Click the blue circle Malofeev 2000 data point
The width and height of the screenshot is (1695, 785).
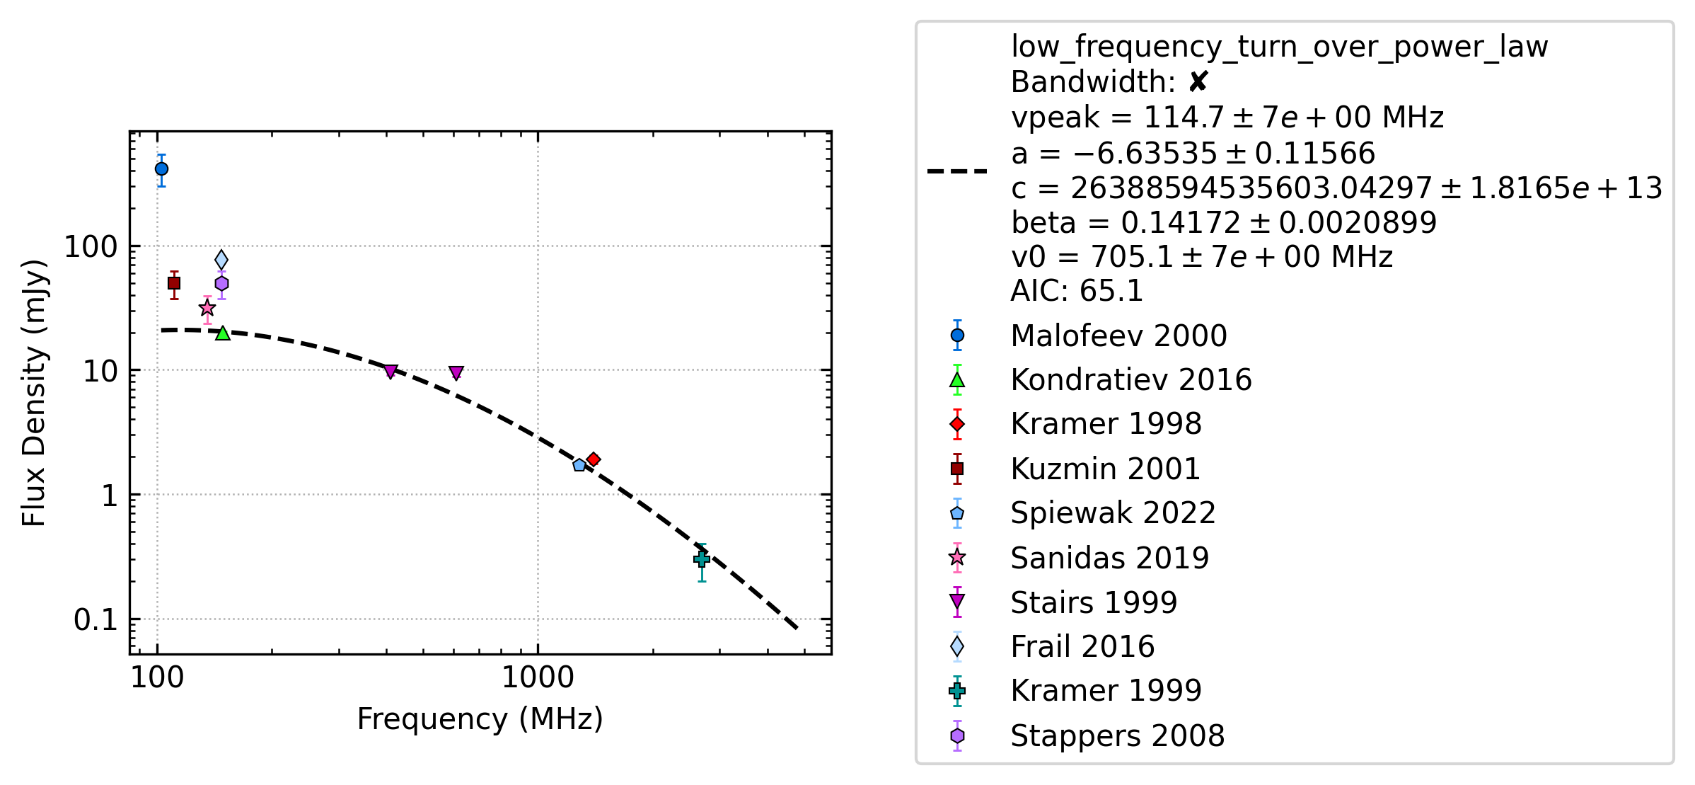[x=161, y=168]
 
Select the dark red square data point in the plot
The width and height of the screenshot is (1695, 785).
[x=174, y=283]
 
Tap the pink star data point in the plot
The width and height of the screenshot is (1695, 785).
[x=207, y=308]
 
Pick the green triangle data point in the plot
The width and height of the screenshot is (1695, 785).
[x=223, y=333]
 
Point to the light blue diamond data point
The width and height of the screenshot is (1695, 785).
[x=221, y=260]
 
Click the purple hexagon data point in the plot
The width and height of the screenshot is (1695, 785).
[x=221, y=284]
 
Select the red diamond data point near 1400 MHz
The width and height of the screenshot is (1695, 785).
[x=594, y=459]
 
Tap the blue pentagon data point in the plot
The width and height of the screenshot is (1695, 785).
[x=579, y=465]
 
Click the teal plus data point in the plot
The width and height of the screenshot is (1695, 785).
[x=702, y=559]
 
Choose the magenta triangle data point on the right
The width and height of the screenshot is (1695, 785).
[x=456, y=372]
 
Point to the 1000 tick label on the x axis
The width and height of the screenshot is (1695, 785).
[x=538, y=677]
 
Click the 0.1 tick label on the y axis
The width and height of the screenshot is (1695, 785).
[x=96, y=620]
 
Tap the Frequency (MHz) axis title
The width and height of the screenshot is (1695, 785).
[x=480, y=719]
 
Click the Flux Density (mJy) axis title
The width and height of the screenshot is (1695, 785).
[x=34, y=393]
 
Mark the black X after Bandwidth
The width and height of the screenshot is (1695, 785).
[x=1198, y=82]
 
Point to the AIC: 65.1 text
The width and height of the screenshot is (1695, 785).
[x=1077, y=291]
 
